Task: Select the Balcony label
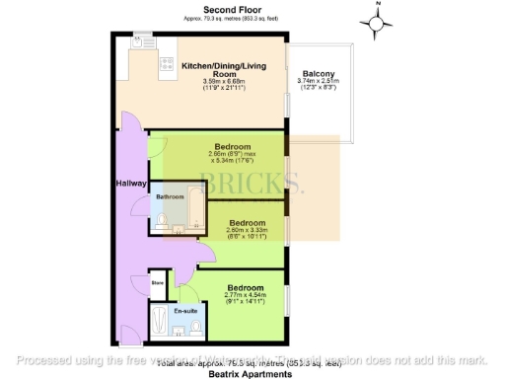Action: tap(319, 74)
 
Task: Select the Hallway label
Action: tap(132, 184)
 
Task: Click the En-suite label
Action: tap(184, 311)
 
